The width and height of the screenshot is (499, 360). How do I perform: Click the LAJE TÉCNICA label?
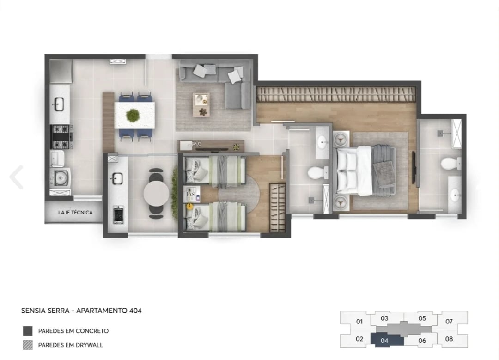[x=75, y=213]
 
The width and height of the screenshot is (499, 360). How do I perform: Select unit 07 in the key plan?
[x=449, y=321]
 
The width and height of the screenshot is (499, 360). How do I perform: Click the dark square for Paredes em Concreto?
[x=28, y=331]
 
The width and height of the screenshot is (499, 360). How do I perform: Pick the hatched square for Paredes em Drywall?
[x=28, y=345]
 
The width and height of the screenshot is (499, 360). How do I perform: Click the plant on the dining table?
[x=133, y=115]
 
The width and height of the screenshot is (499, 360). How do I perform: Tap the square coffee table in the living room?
[x=201, y=104]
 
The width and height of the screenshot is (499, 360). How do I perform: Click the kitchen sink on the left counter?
[x=59, y=104]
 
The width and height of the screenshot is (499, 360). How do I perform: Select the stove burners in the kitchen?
[x=61, y=137]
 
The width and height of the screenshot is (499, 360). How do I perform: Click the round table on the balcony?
[x=156, y=193]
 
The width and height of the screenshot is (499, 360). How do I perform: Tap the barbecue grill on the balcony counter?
[x=118, y=214]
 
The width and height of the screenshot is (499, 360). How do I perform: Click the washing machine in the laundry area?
[x=61, y=177]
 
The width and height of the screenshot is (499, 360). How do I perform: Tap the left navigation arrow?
[x=17, y=177]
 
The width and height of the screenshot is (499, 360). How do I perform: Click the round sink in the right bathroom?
[x=455, y=196]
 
